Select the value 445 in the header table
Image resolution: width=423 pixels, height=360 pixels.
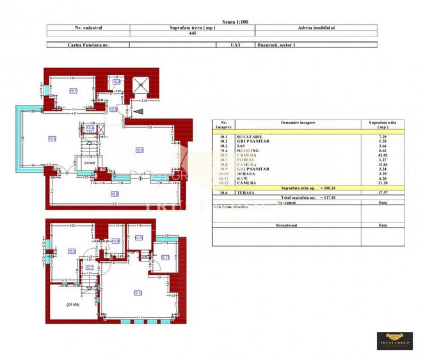click(x=191, y=34)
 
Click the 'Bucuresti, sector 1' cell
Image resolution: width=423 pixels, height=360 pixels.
click(x=275, y=45)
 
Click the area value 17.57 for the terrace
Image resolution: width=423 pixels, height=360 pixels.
click(x=378, y=192)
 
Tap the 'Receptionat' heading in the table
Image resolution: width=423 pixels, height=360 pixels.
click(x=287, y=225)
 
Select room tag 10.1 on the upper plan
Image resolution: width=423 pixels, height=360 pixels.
click(x=73, y=91)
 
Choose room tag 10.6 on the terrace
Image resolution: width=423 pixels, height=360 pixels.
click(x=115, y=194)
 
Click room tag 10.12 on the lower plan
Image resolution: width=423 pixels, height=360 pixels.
click(x=137, y=293)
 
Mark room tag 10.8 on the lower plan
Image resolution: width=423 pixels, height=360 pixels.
click(x=72, y=251)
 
